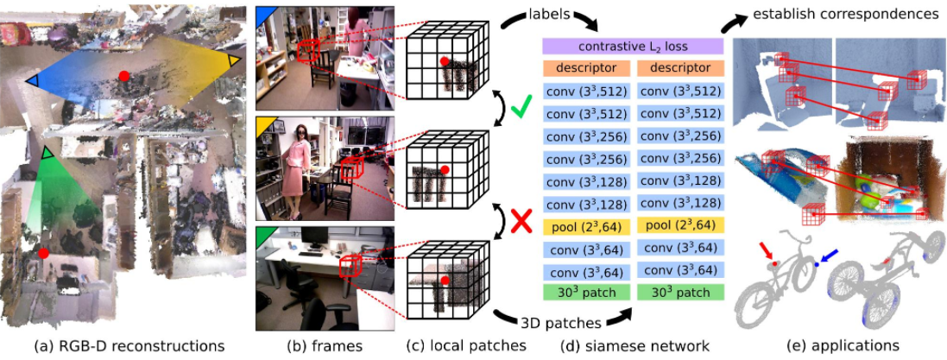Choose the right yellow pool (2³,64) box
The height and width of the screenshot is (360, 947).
(x=679, y=226)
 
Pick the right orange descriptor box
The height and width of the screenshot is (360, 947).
(x=679, y=67)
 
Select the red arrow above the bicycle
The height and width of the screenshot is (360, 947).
(x=766, y=251)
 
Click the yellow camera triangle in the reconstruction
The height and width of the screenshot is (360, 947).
(x=234, y=60)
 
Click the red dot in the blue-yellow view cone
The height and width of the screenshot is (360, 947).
(x=125, y=76)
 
